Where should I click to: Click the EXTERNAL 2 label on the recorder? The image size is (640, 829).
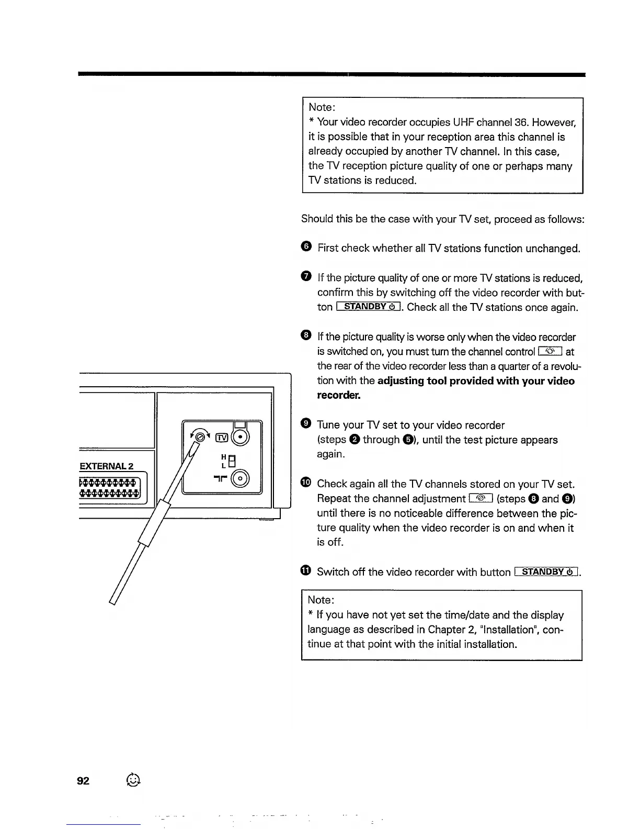pyautogui.click(x=107, y=466)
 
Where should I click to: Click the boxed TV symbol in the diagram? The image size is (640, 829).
pyautogui.click(x=222, y=438)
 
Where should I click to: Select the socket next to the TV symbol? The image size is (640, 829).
pyautogui.click(x=240, y=436)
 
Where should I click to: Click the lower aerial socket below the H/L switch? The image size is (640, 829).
pyautogui.click(x=241, y=479)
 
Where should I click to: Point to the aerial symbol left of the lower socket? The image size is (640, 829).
pyautogui.click(x=221, y=479)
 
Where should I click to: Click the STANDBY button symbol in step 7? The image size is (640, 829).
pyautogui.click(x=369, y=307)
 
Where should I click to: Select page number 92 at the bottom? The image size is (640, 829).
pyautogui.click(x=83, y=781)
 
